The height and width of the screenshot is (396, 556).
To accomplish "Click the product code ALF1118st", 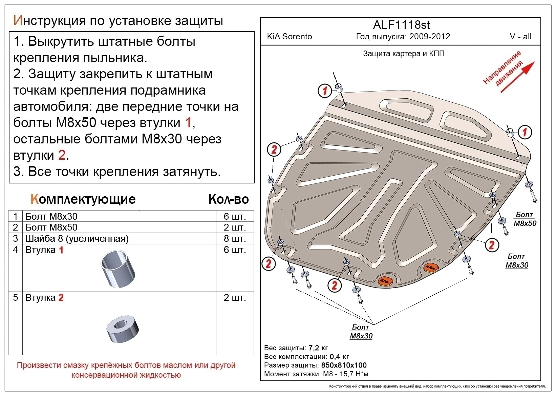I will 401,25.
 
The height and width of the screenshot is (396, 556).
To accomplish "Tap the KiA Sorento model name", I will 290,37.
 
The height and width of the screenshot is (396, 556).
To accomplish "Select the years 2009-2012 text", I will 429,37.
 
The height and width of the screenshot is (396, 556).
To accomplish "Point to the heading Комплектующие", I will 83,199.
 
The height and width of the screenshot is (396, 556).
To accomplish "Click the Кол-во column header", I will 228,199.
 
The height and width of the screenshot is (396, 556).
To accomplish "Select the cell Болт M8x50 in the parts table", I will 51,227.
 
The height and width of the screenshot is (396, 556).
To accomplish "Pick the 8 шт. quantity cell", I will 234,238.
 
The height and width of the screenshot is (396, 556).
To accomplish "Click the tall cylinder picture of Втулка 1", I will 117,269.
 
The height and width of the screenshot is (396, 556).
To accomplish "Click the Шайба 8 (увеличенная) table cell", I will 77,238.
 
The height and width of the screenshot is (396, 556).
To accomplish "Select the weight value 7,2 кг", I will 318,348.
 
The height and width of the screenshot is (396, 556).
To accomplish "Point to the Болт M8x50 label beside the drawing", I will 525,219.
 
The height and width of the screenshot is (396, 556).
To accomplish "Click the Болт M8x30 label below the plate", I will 361,332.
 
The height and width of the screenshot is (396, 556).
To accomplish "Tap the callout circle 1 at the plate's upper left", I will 325,91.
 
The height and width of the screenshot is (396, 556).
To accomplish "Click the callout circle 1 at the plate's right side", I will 525,132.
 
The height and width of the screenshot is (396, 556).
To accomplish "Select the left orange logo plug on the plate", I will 384,280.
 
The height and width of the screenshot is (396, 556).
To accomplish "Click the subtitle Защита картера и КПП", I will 404,54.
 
